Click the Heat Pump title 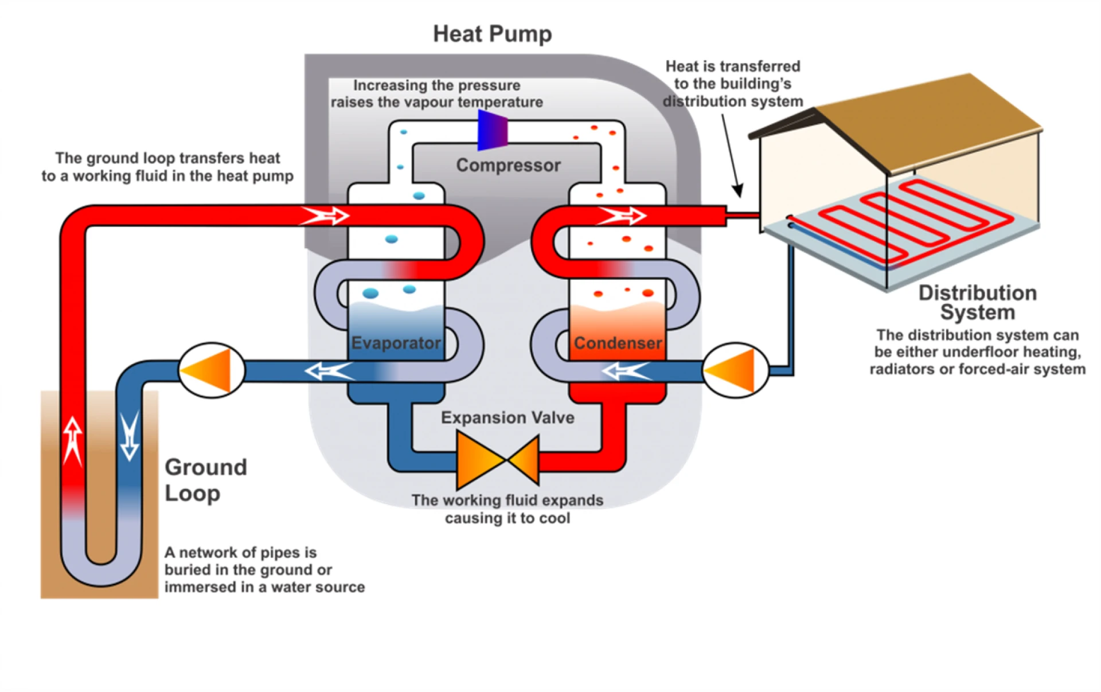[492, 34]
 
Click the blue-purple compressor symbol [493, 131]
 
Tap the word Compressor [508, 165]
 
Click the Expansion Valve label [507, 417]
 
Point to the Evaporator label [396, 343]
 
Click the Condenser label [618, 343]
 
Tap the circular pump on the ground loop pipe [212, 370]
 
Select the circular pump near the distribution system [735, 370]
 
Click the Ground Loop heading [205, 480]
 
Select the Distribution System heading [977, 302]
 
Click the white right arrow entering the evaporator [325, 216]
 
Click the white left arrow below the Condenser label [626, 372]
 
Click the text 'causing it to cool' [507, 518]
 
